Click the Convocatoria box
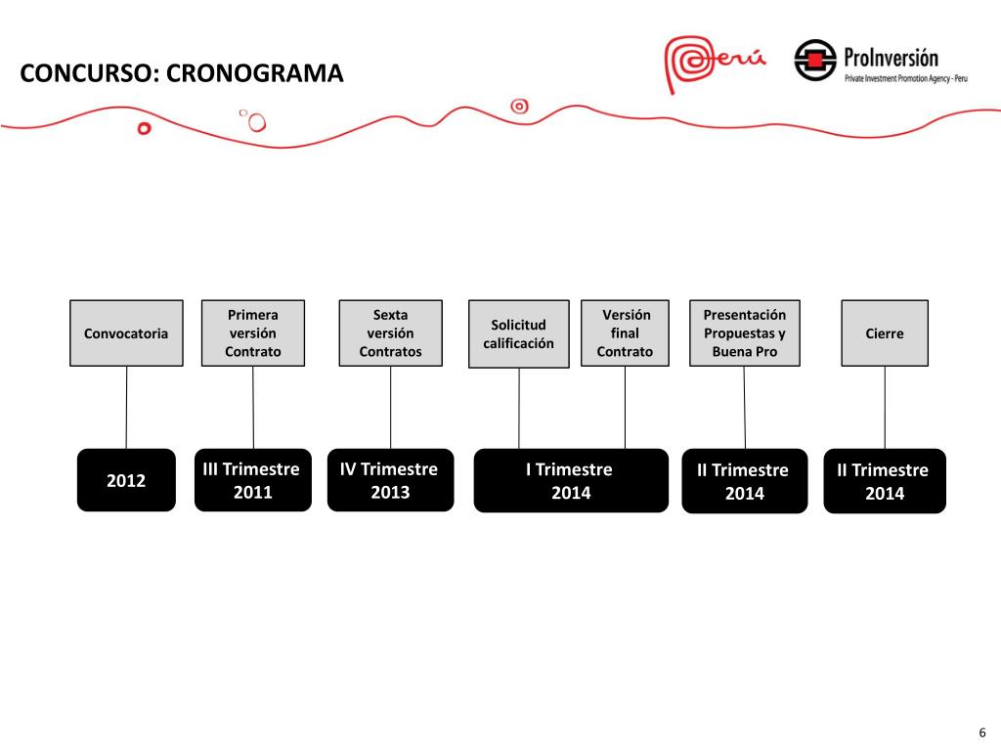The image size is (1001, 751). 126,332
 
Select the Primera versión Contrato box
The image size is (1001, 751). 253,332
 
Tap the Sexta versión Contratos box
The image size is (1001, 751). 390,332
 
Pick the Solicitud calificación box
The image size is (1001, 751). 518,333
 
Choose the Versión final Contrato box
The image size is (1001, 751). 625,332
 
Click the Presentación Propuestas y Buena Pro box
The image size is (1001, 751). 744,332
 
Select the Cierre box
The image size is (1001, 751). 885,332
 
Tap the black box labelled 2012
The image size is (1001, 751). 126,480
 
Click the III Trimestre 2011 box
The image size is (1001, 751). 252,480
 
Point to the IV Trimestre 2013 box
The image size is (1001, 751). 390,480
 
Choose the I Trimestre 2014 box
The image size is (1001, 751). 571,480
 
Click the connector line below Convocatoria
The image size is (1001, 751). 126,407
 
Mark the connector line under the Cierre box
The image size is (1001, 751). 885,407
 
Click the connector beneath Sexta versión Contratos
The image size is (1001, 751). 390,407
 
